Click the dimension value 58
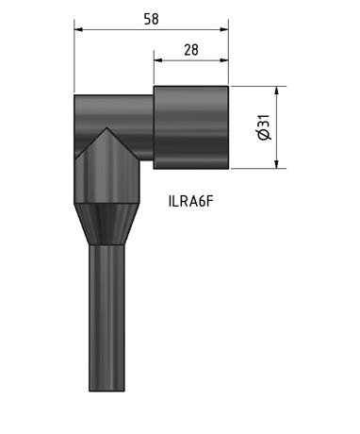point(150,17)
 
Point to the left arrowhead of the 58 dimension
point(78,29)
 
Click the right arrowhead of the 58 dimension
point(224,29)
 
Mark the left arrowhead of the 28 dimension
point(157,61)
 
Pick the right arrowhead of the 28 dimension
point(224,61)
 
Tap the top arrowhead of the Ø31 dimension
point(277,92)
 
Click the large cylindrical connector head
point(191,128)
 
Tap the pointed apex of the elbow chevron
point(106,129)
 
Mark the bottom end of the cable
point(106,388)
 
